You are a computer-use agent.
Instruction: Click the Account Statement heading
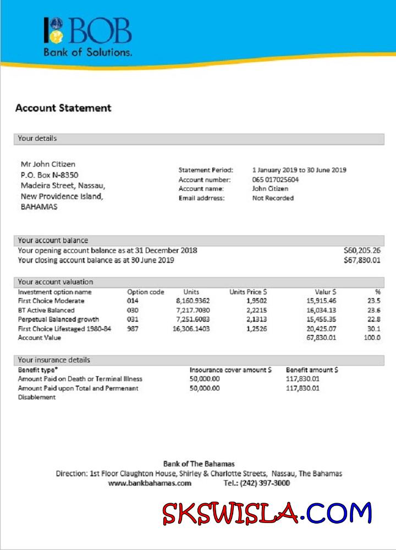coord(63,108)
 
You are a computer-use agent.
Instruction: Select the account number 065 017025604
coord(276,180)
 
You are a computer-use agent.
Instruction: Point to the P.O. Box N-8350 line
coord(50,175)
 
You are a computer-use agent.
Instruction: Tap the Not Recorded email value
coord(273,198)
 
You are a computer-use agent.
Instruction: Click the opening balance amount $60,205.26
coord(362,250)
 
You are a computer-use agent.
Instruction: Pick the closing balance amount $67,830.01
coord(362,260)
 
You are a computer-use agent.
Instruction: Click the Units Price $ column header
coord(248,292)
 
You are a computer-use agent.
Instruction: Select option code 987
coord(133,328)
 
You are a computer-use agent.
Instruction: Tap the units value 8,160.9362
coord(193,301)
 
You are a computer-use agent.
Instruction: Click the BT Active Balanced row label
coord(46,310)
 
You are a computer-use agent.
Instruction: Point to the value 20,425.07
coord(321,328)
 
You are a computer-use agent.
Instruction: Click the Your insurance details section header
coord(54,360)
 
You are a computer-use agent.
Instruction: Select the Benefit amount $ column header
coord(312,370)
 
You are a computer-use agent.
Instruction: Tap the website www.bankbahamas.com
coord(150,483)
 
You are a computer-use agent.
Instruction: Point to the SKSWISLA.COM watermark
coord(267,514)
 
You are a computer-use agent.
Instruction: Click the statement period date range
coord(299,170)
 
